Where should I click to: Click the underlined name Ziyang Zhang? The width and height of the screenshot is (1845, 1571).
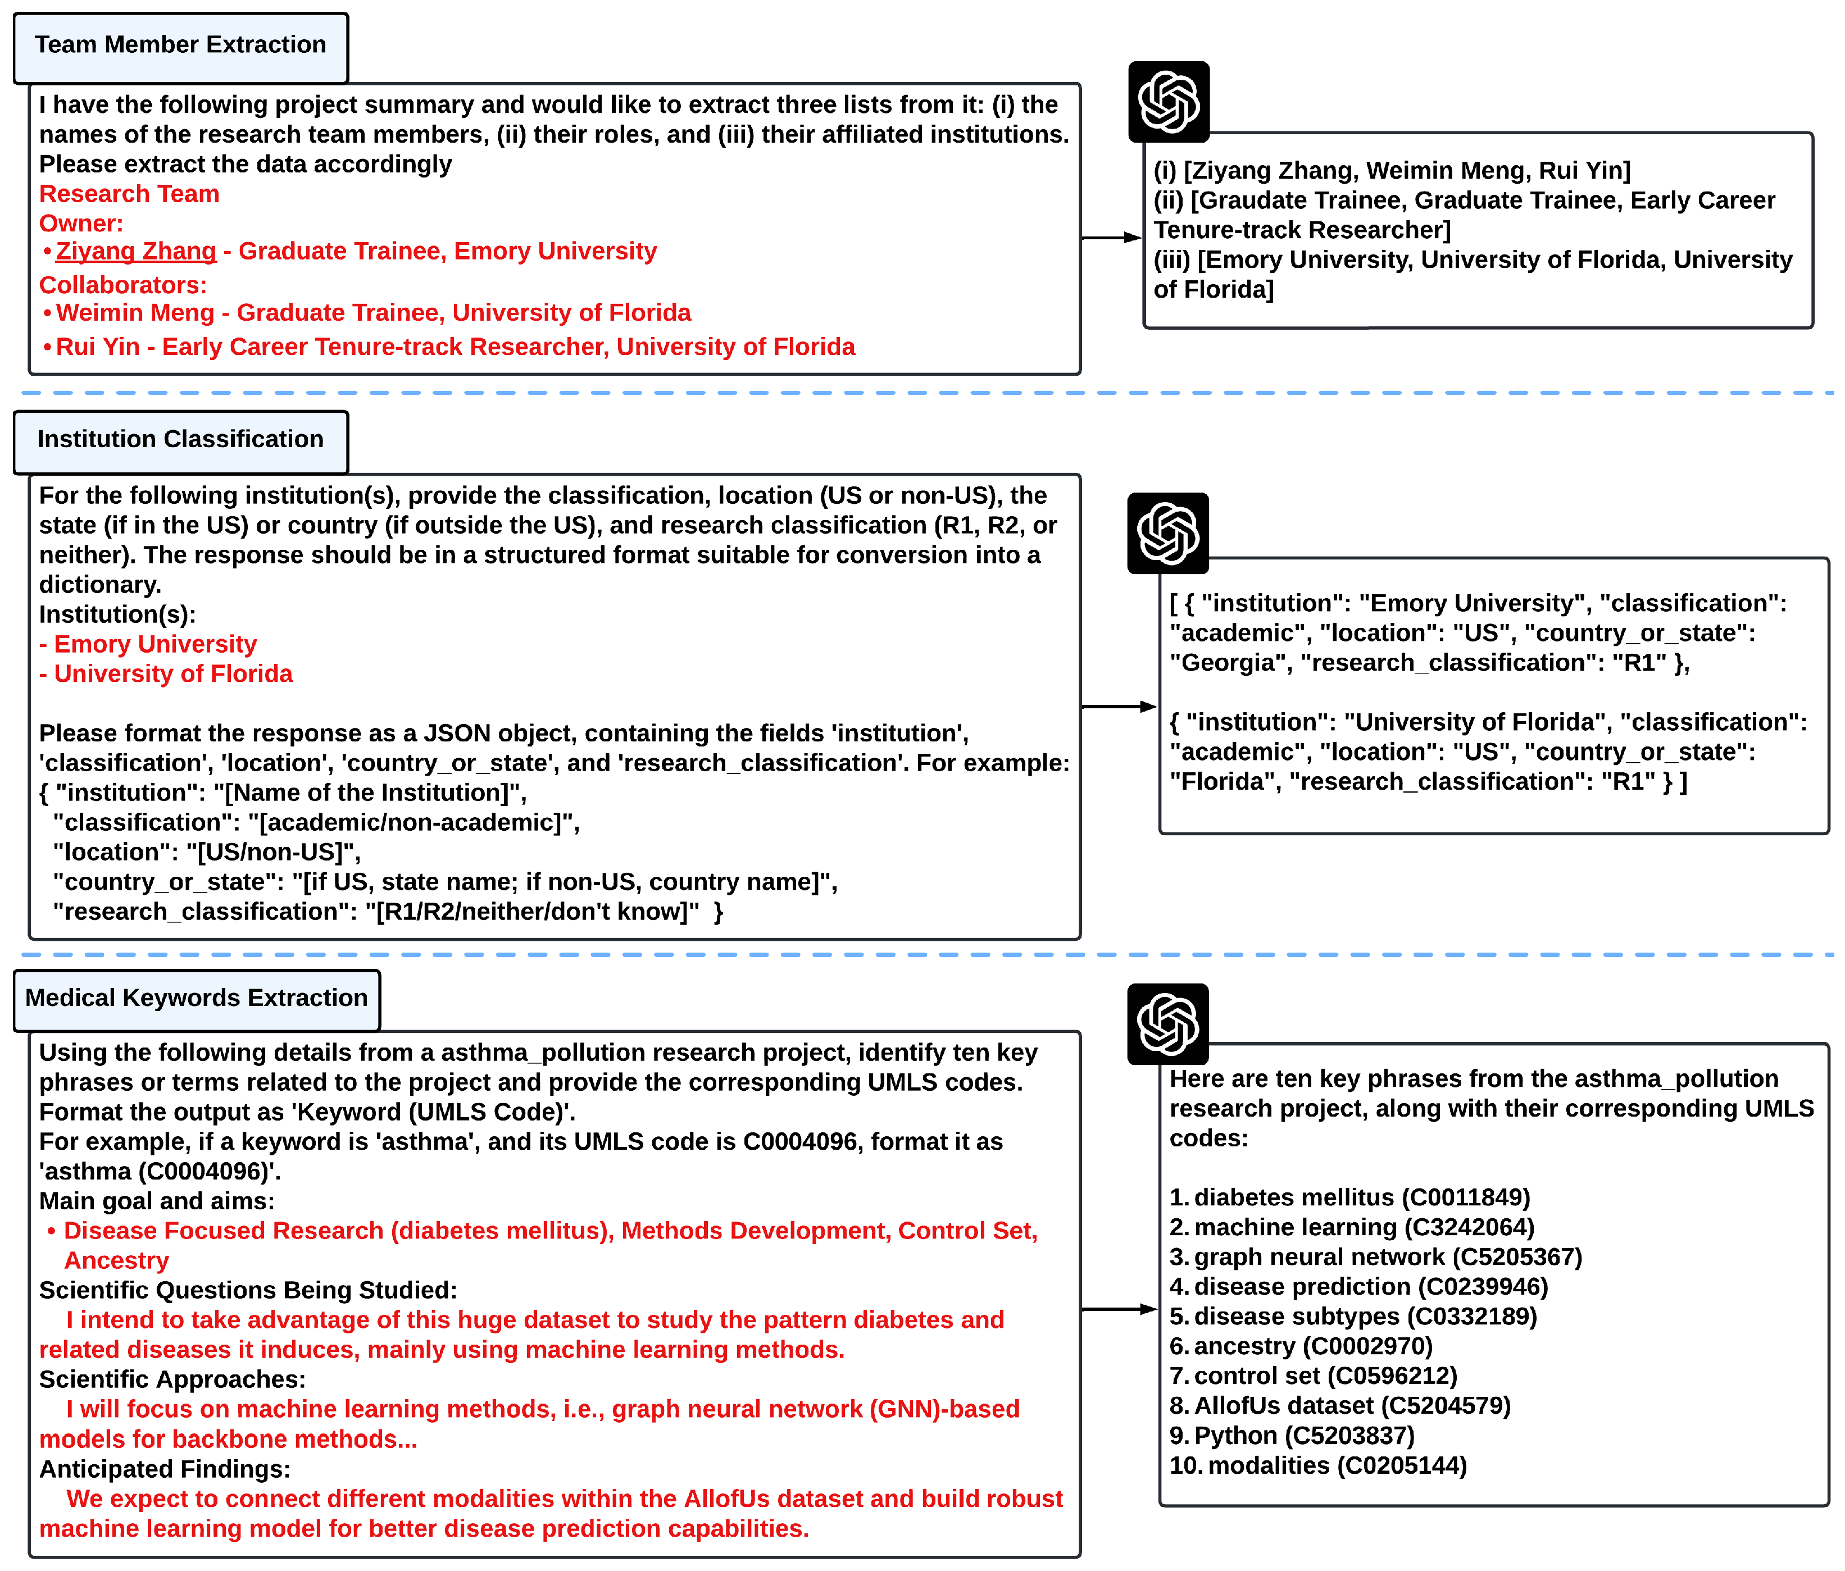pyautogui.click(x=135, y=252)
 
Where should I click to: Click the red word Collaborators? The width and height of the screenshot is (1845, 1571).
pyautogui.click(x=123, y=286)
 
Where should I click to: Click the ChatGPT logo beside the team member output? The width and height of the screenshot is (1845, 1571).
pyautogui.click(x=1168, y=102)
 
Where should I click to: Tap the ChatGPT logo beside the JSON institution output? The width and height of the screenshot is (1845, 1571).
pyautogui.click(x=1167, y=533)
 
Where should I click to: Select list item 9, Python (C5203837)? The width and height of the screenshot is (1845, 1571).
pyautogui.click(x=1303, y=1436)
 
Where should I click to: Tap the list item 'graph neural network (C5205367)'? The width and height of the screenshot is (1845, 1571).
pyautogui.click(x=1387, y=1258)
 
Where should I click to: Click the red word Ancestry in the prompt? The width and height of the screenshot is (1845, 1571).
pyautogui.click(x=117, y=1262)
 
